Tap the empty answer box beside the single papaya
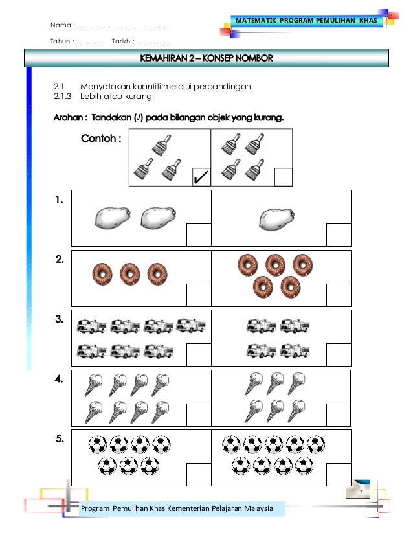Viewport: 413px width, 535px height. pos(339,235)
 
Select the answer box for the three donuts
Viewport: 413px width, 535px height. pos(198,295)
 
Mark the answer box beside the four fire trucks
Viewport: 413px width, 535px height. pos(339,354)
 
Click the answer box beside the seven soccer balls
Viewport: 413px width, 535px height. pos(198,474)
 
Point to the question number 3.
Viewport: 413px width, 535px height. pos(59,319)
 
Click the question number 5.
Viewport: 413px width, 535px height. pos(59,439)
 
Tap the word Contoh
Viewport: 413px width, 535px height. pos(101,138)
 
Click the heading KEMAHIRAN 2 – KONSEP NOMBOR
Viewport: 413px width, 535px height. pos(206,59)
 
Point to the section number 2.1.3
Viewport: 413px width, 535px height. pos(63,97)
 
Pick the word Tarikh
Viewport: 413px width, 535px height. pos(121,41)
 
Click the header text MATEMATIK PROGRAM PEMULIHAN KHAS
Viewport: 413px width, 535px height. pos(306,21)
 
